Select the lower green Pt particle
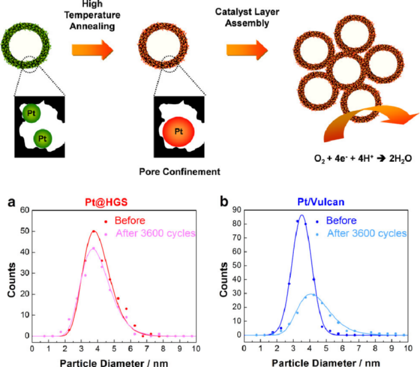[x=42, y=137]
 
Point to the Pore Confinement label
[x=180, y=172]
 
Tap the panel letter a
[x=11, y=203]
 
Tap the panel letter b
[x=225, y=203]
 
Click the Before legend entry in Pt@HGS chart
[x=129, y=221]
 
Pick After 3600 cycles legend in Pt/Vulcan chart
[x=366, y=233]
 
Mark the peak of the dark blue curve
[x=302, y=215]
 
